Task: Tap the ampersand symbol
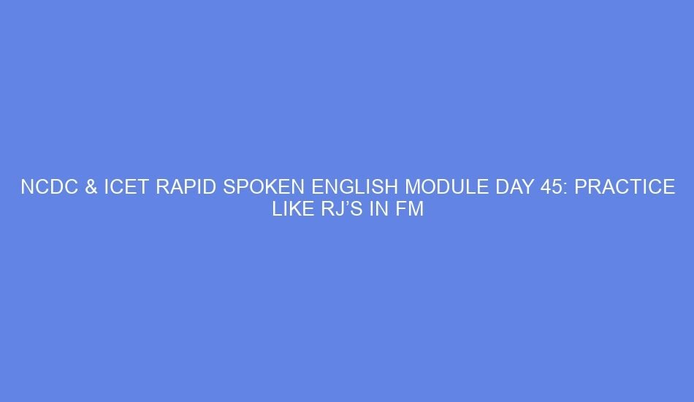click(91, 188)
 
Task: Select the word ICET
click(125, 188)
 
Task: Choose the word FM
click(411, 210)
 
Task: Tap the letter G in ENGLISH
click(340, 188)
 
